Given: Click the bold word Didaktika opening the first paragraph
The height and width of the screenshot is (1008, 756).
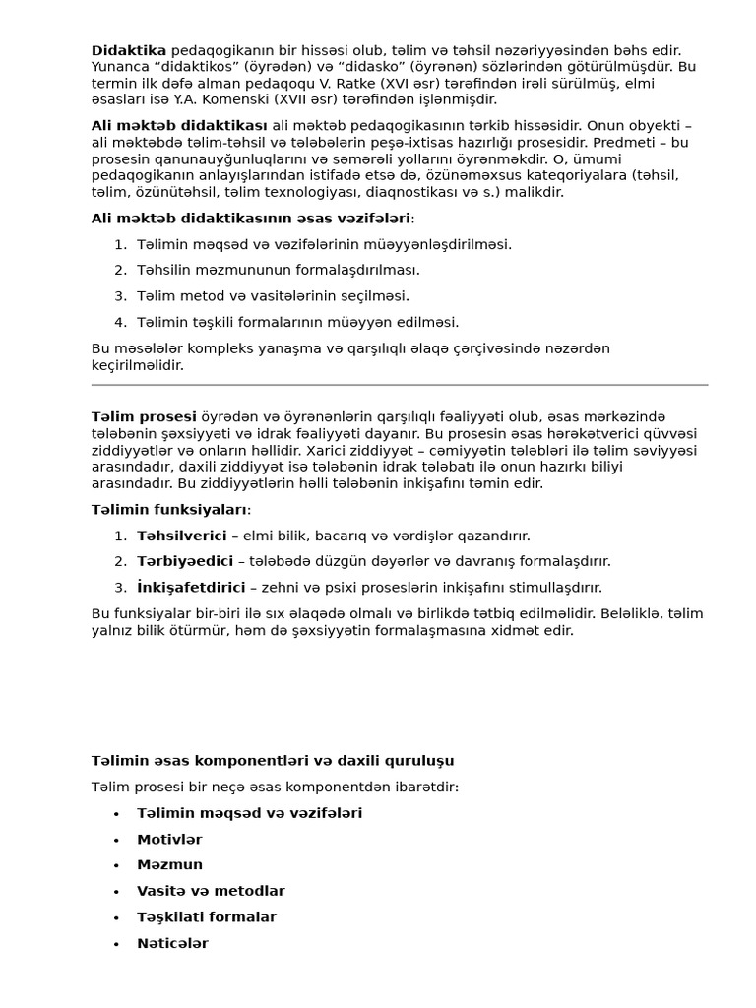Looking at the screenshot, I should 129,50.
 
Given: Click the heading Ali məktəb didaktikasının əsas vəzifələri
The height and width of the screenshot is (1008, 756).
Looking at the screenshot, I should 251,219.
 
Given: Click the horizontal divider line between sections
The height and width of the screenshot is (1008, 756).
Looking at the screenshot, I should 399,385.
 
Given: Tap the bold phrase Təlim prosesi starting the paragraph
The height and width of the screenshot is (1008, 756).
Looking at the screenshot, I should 144,417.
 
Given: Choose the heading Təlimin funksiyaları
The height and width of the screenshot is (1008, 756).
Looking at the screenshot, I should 169,510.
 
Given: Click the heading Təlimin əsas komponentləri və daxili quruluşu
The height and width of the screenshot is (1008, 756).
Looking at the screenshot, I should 273,761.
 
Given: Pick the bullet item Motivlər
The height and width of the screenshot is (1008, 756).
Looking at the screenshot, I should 169,840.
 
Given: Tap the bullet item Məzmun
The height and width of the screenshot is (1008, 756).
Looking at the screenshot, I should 169,865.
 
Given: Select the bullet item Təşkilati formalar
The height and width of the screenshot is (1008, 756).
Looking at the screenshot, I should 207,917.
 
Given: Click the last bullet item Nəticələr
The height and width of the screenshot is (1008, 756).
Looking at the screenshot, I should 172,943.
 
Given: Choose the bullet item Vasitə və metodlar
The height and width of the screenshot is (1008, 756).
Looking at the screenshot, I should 211,891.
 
